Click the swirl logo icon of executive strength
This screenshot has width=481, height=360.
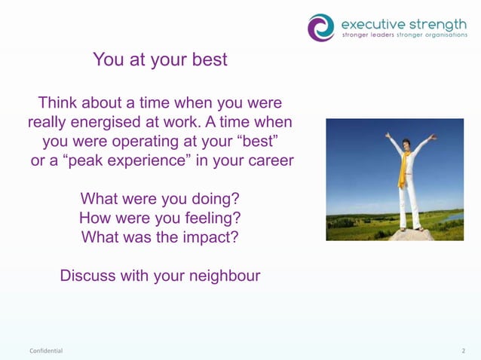coord(320,27)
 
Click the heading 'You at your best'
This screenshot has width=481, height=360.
coord(160,59)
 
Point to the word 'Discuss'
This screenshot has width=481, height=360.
coord(88,276)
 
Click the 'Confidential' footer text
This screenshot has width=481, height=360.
coord(46,351)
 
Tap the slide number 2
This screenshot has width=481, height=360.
coord(463,351)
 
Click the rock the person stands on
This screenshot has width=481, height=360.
coord(411,234)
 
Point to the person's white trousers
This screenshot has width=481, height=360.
coord(410,203)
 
